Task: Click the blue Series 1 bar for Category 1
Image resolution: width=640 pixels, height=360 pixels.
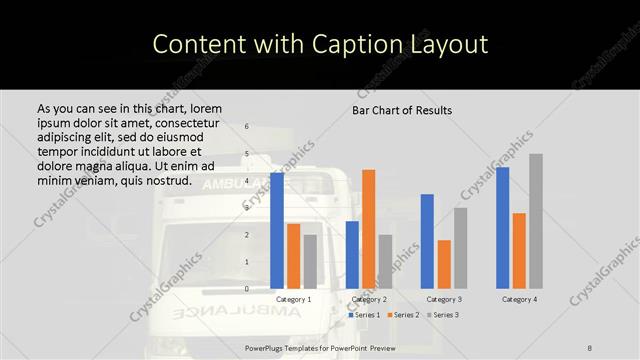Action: point(277,230)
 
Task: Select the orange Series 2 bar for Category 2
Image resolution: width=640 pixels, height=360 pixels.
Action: point(369,229)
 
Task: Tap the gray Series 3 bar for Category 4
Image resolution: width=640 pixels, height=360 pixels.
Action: point(536,221)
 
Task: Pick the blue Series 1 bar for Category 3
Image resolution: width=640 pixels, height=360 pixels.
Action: point(427,241)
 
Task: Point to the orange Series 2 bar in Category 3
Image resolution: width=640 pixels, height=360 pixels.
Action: point(444,264)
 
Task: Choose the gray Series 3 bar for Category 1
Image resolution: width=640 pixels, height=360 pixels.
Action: point(310,261)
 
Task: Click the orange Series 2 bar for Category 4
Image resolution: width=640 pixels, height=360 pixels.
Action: point(519,250)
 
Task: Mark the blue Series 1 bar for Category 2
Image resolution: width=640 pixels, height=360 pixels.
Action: point(352,254)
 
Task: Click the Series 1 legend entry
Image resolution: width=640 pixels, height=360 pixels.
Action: point(364,315)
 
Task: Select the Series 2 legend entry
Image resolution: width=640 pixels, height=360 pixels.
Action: point(403,315)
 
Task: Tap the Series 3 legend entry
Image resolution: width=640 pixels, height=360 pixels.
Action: point(443,315)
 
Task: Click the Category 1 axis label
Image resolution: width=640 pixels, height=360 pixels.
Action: point(293,299)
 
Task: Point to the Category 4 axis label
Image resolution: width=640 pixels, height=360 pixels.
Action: point(519,299)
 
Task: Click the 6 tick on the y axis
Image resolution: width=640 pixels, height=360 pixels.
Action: point(247,127)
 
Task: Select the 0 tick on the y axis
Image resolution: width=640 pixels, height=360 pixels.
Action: point(247,289)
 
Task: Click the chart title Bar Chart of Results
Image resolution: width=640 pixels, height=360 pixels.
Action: point(402,110)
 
